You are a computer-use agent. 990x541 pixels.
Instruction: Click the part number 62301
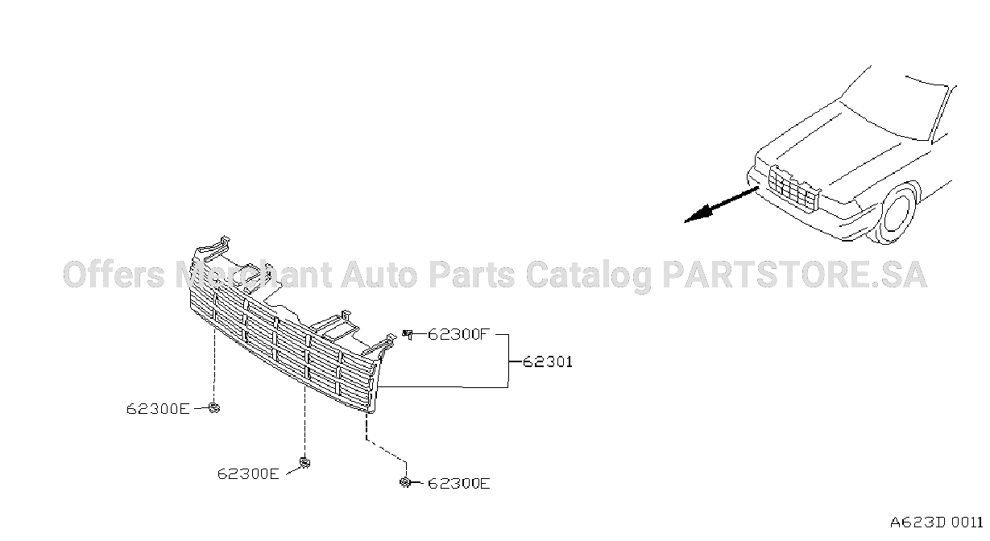[x=548, y=362]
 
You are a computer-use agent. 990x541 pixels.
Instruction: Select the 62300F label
[x=458, y=334]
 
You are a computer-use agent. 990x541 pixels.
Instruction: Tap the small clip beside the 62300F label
[x=408, y=334]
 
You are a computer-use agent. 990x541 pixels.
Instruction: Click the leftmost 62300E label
[x=158, y=409]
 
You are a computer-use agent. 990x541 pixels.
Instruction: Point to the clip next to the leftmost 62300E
[x=214, y=408]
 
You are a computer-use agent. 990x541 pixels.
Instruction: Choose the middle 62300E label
[x=248, y=474]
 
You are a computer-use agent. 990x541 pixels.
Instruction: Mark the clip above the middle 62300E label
[x=305, y=462]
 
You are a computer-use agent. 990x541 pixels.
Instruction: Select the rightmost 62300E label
[x=459, y=484]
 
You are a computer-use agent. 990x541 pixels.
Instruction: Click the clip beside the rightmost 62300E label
[x=405, y=483]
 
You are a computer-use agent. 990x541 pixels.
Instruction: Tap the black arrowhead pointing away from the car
[x=698, y=214]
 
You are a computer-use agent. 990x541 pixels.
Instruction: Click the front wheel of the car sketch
[x=900, y=213]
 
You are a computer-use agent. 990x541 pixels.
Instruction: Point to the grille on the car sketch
[x=794, y=188]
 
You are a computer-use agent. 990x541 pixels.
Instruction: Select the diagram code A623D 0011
[x=937, y=522]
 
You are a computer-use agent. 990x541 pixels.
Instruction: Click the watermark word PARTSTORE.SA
[x=794, y=275]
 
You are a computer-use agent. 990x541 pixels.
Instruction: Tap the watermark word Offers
[x=114, y=275]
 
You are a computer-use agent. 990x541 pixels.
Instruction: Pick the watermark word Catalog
[x=589, y=276]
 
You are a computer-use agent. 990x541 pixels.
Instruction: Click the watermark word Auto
[x=379, y=275]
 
